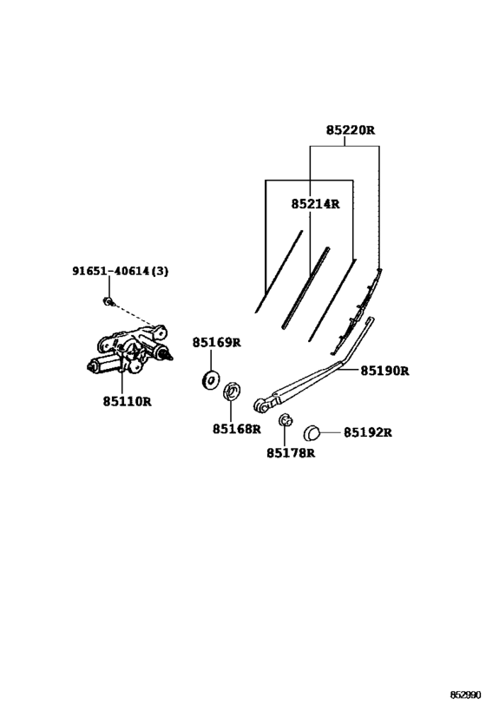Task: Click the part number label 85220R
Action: point(351,130)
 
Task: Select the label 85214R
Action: point(315,204)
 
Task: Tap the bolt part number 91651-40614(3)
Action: point(121,271)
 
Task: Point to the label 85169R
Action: point(216,342)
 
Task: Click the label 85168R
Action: point(237,429)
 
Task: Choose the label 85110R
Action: point(127,401)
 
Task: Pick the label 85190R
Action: point(384,371)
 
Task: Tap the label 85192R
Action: point(367,432)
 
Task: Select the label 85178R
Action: point(291,452)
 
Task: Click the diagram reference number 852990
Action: point(464,695)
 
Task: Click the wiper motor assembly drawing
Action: point(129,350)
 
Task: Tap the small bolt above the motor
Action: point(108,301)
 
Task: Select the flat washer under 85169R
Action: point(210,379)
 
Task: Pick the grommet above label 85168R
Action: point(232,392)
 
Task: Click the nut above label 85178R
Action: point(285,420)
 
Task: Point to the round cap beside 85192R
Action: point(312,433)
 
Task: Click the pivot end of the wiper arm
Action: point(260,405)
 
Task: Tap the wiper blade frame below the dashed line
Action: point(357,312)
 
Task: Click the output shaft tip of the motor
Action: point(170,357)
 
